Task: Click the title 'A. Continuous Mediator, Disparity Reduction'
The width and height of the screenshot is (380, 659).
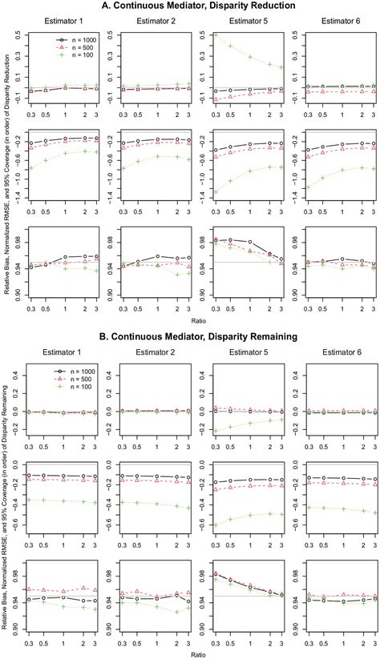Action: [x=199, y=6]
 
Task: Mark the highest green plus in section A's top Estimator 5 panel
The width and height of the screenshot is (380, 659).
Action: [x=215, y=35]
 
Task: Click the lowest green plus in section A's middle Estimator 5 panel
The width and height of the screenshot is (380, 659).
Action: [x=215, y=191]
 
